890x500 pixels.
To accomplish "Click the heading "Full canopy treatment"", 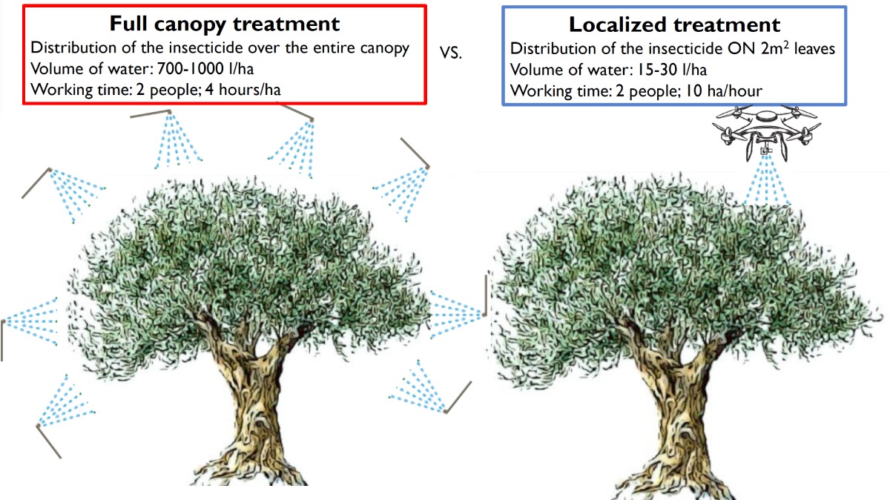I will click(225, 24).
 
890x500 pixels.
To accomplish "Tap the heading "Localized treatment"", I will click(674, 24).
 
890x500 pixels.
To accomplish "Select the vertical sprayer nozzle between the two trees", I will click(486, 295).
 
